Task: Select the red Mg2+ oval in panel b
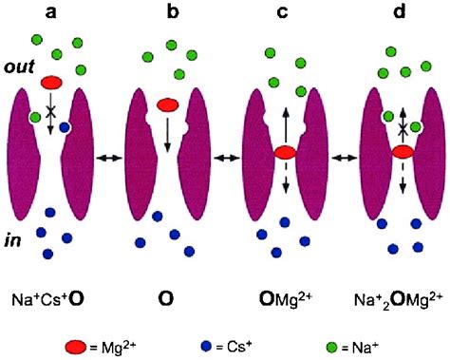click(x=168, y=104)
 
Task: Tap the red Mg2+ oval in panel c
click(x=284, y=152)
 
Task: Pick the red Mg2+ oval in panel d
click(x=402, y=152)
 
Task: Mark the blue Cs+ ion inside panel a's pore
click(x=65, y=126)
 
